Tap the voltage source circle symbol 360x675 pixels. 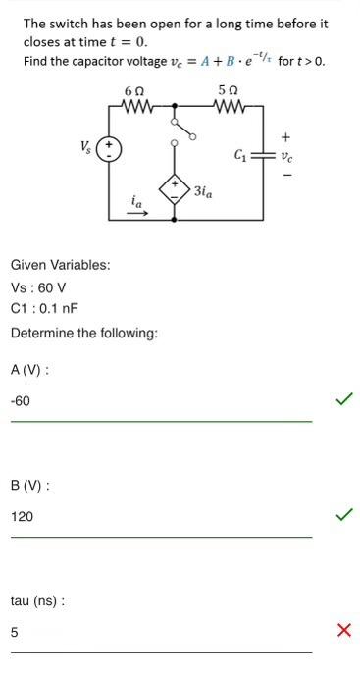pyautogui.click(x=109, y=151)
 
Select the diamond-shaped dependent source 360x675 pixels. pyautogui.click(x=176, y=188)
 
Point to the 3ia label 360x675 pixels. pyautogui.click(x=203, y=192)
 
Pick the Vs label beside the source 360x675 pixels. pyautogui.click(x=87, y=146)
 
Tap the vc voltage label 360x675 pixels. pyautogui.click(x=285, y=155)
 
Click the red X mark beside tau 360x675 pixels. pyautogui.click(x=343, y=630)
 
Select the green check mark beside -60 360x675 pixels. pyautogui.click(x=343, y=399)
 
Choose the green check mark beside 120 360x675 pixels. pyautogui.click(x=343, y=514)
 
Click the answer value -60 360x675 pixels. pyautogui.click(x=21, y=401)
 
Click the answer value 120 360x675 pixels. pyautogui.click(x=22, y=516)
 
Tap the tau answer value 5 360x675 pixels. pyautogui.click(x=14, y=632)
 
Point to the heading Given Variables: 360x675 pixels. pyautogui.click(x=60, y=265)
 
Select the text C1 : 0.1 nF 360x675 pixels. pyautogui.click(x=44, y=309)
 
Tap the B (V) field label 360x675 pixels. pyautogui.click(x=30, y=485)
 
